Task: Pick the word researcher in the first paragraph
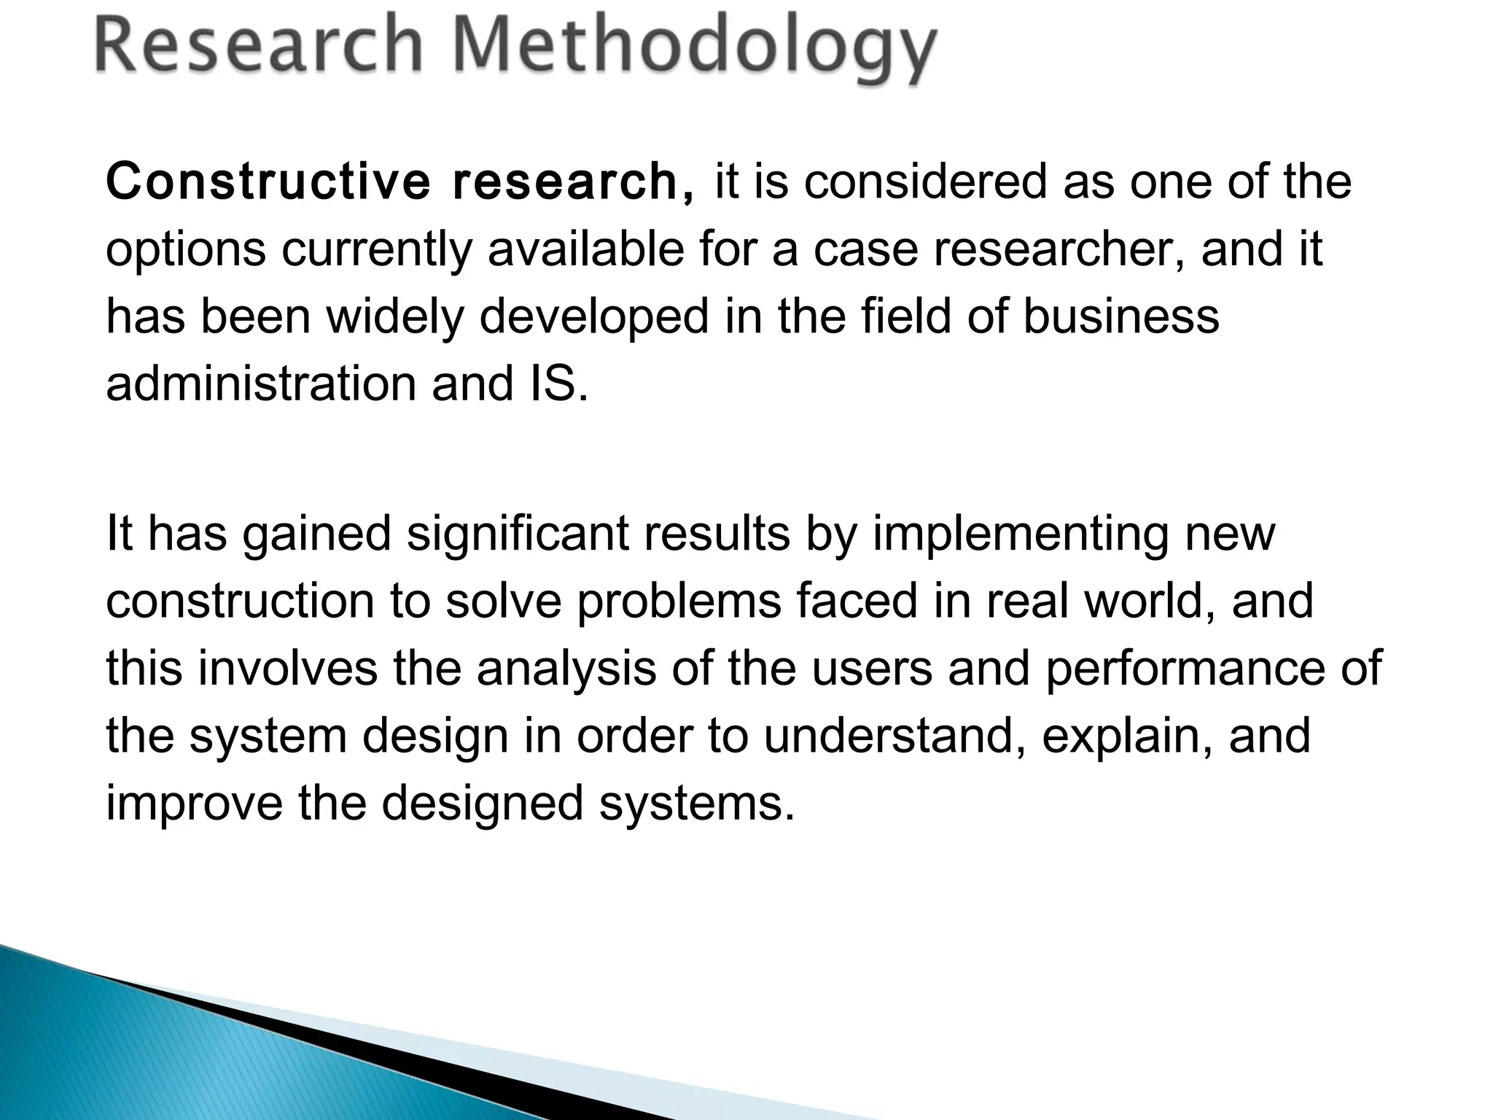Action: pos(1057,249)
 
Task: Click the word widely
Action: pos(394,318)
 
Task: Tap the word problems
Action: pos(679,601)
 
